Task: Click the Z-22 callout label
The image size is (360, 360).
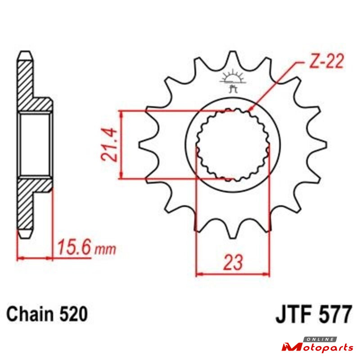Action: pos(326,61)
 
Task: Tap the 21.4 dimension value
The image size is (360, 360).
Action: pos(109,144)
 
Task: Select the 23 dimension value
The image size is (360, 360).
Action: pos(233,262)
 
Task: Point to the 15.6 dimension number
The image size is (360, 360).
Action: pos(73,247)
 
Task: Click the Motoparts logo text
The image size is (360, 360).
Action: pos(318,347)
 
